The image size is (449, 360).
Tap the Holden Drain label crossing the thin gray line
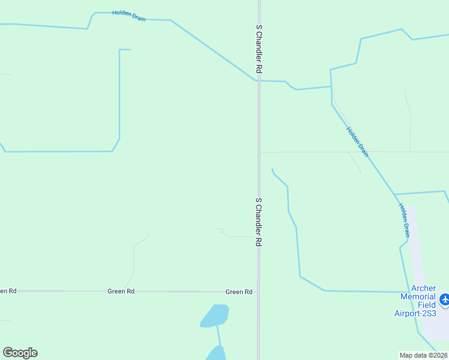(357, 142)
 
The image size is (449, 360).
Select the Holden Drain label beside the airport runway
(405, 220)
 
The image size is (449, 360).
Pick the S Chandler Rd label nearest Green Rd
(259, 222)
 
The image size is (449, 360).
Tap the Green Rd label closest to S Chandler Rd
(239, 292)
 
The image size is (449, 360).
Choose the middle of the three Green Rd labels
(121, 292)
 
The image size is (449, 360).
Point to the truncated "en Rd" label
(8, 291)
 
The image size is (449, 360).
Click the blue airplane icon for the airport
(445, 299)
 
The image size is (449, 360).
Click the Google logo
(20, 353)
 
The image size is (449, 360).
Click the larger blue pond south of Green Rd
(215, 316)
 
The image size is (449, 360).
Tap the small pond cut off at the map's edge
(216, 353)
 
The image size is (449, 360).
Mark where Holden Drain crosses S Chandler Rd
(259, 80)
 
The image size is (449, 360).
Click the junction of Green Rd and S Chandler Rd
(259, 292)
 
